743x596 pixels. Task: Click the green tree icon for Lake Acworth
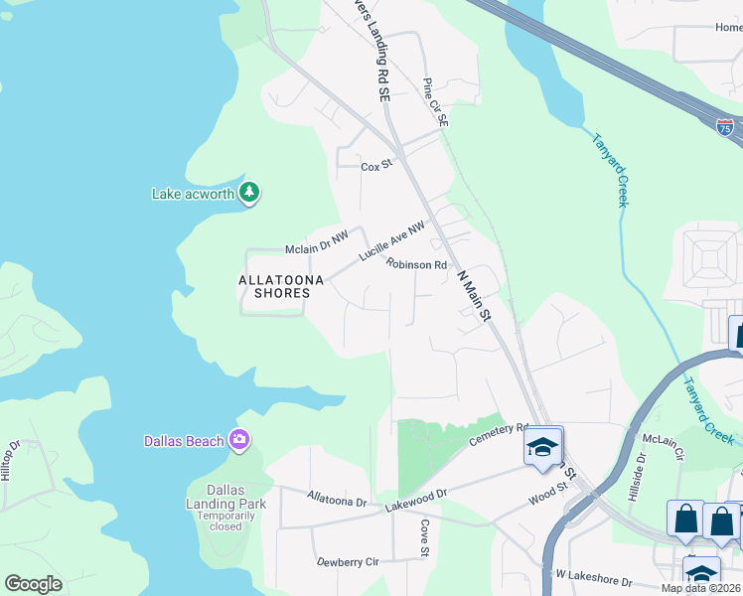pyautogui.click(x=249, y=193)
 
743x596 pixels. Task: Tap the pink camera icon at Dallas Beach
pyautogui.click(x=238, y=439)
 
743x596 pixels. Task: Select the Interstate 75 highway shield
pyautogui.click(x=725, y=126)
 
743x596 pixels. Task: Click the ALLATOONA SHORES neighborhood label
pyautogui.click(x=281, y=286)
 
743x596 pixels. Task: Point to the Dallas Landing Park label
pyautogui.click(x=237, y=497)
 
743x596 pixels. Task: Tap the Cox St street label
pyautogui.click(x=377, y=166)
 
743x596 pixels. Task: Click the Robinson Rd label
pyautogui.click(x=417, y=265)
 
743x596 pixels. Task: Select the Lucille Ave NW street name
pyautogui.click(x=391, y=241)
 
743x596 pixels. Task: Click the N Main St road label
pyautogui.click(x=474, y=298)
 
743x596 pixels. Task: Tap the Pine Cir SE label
pyautogui.click(x=436, y=102)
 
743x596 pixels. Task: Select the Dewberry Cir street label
pyautogui.click(x=348, y=561)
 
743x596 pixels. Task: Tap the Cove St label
pyautogui.click(x=424, y=537)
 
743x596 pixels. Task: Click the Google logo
pyautogui.click(x=33, y=583)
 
